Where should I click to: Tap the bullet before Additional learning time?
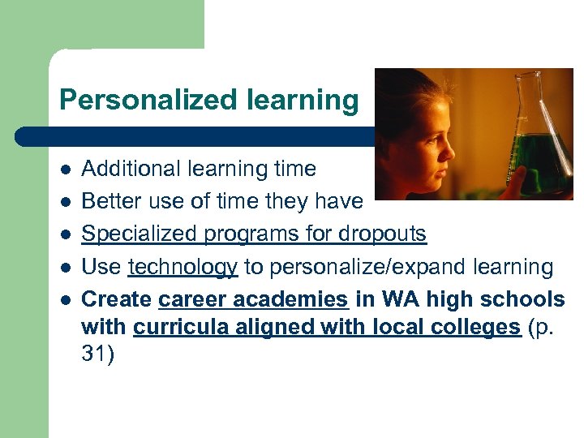(x=65, y=170)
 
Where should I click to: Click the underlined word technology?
(x=182, y=267)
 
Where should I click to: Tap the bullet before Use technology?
(x=65, y=267)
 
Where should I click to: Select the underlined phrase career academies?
(x=253, y=299)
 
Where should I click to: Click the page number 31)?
(x=99, y=354)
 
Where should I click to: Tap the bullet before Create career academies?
(x=65, y=299)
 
